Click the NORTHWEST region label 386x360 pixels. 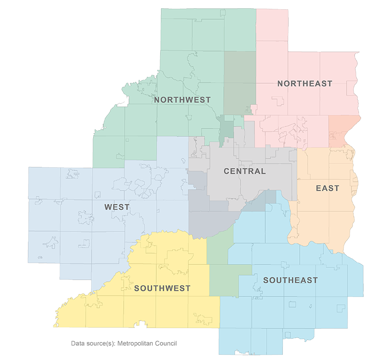[182, 99]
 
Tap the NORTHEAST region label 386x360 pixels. [305, 84]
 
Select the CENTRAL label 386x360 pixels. [245, 171]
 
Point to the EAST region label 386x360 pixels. [327, 188]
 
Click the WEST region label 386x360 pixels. [117, 207]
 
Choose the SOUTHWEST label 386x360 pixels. [162, 288]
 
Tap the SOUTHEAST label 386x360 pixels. [290, 280]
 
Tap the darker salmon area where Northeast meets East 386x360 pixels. [344, 130]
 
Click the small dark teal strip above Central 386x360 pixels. [226, 127]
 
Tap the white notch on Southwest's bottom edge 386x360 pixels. [141, 325]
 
